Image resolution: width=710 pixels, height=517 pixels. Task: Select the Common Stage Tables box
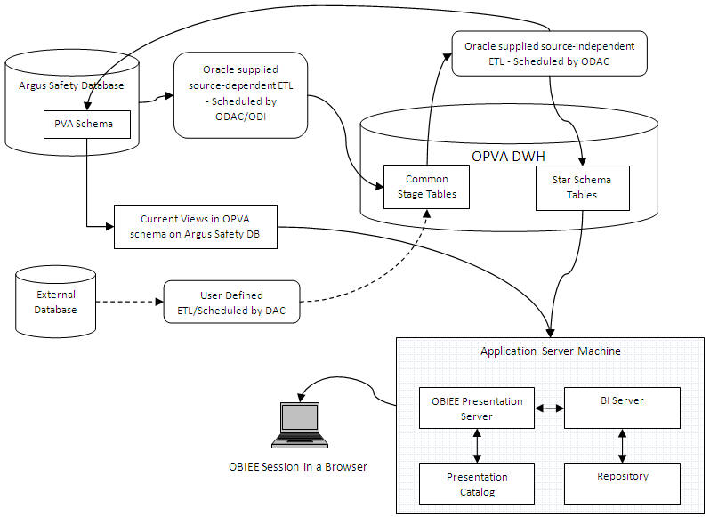[426, 186]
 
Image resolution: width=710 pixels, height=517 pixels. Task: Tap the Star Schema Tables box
[582, 187]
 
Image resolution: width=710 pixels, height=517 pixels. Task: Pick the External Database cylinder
[56, 302]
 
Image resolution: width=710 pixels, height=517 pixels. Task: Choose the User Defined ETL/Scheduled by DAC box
[231, 302]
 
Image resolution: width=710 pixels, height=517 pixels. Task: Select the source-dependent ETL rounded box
[240, 94]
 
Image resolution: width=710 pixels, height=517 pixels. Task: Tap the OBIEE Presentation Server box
[477, 408]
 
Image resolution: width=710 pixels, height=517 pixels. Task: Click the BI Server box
[622, 408]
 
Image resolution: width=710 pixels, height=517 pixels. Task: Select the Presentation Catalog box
[477, 483]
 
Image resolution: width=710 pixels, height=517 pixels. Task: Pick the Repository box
[622, 483]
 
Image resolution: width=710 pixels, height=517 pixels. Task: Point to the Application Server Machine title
[550, 351]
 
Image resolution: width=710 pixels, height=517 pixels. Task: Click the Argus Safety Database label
[70, 85]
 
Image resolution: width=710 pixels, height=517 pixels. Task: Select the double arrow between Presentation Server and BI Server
[550, 408]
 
